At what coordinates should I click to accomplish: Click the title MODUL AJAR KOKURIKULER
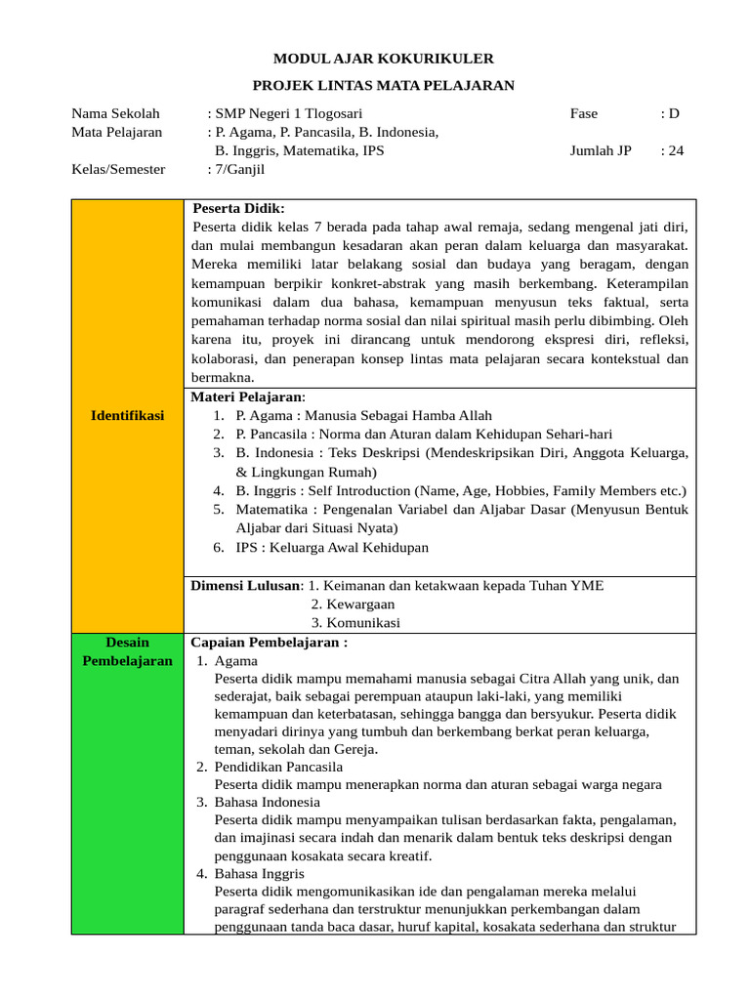click(376, 59)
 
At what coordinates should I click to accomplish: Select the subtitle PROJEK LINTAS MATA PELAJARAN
click(376, 86)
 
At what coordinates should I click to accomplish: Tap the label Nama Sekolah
click(115, 113)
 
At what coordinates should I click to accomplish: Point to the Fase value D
click(673, 113)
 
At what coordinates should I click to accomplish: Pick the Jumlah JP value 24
click(675, 150)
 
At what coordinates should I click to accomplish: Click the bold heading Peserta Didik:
click(239, 208)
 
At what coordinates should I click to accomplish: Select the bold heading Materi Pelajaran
click(247, 396)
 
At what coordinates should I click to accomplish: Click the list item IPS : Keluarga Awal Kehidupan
click(332, 547)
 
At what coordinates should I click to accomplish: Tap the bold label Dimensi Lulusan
click(246, 585)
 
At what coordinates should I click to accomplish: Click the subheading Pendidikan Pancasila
click(278, 767)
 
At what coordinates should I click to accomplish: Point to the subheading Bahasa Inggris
click(260, 873)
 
